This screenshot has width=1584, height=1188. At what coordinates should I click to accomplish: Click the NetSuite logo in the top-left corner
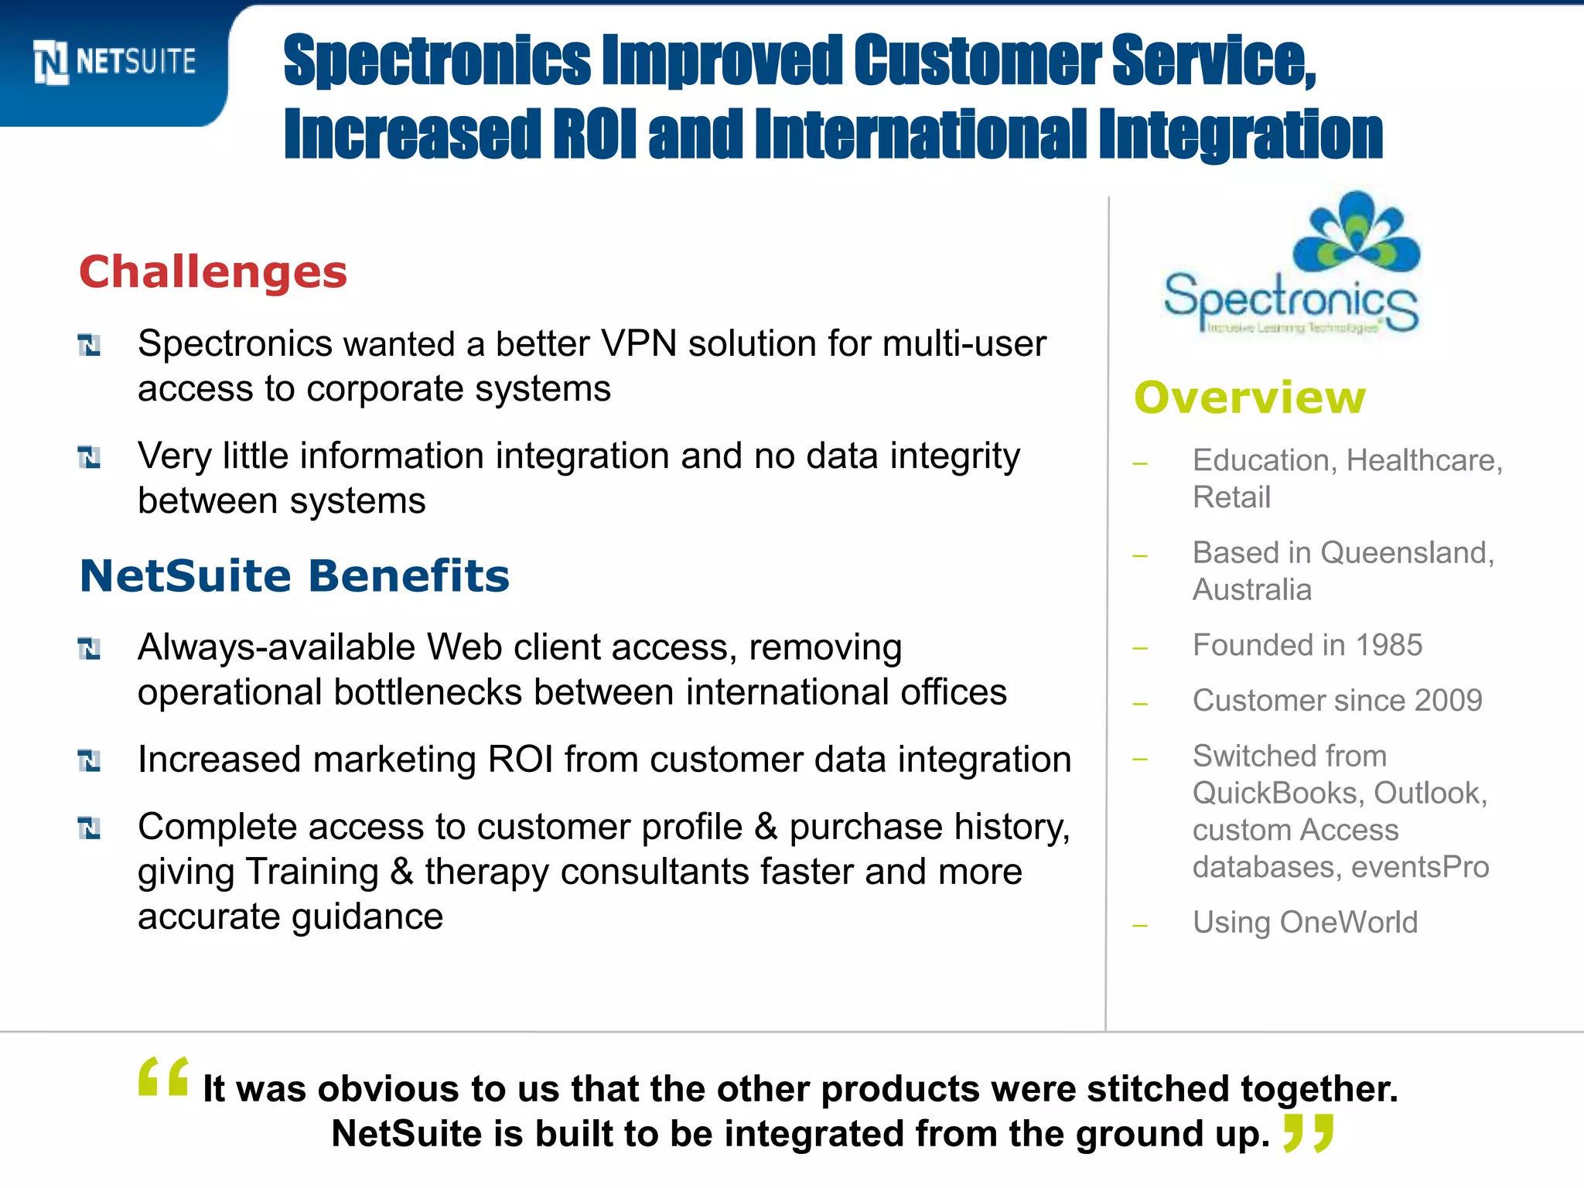(x=114, y=62)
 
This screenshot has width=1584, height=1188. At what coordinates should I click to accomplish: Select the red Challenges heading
(x=213, y=272)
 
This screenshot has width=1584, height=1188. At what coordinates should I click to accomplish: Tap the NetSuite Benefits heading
(x=295, y=576)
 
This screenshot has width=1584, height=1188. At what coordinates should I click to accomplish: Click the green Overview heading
(x=1250, y=398)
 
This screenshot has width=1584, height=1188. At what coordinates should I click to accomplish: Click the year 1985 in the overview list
(x=1389, y=645)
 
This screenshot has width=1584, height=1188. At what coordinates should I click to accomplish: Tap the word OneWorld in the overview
(x=1349, y=923)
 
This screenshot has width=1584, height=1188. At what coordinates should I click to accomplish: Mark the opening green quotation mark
(x=163, y=1077)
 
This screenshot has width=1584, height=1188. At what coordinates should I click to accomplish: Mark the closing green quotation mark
(x=1308, y=1132)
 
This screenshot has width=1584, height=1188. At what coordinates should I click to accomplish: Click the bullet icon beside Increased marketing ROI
(x=90, y=761)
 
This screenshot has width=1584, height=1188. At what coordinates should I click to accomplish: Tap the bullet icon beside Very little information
(x=90, y=457)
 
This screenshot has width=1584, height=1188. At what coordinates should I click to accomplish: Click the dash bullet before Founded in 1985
(x=1139, y=648)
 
